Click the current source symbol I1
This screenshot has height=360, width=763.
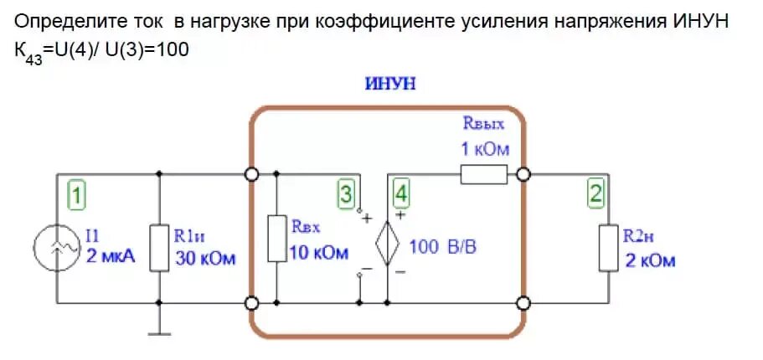click(57, 249)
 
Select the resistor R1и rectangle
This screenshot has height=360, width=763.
click(159, 247)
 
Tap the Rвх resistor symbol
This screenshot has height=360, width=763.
click(276, 238)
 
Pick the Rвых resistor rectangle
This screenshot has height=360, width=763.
click(483, 174)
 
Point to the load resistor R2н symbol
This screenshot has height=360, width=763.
click(610, 247)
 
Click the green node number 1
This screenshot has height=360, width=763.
click(76, 197)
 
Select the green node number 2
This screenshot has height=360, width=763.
click(595, 195)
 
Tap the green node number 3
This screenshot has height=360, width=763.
click(346, 195)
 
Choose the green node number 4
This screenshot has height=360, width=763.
click(402, 195)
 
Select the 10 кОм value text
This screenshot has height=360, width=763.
click(318, 253)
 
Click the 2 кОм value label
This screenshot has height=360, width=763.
click(650, 260)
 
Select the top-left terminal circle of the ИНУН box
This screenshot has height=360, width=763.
click(250, 175)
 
